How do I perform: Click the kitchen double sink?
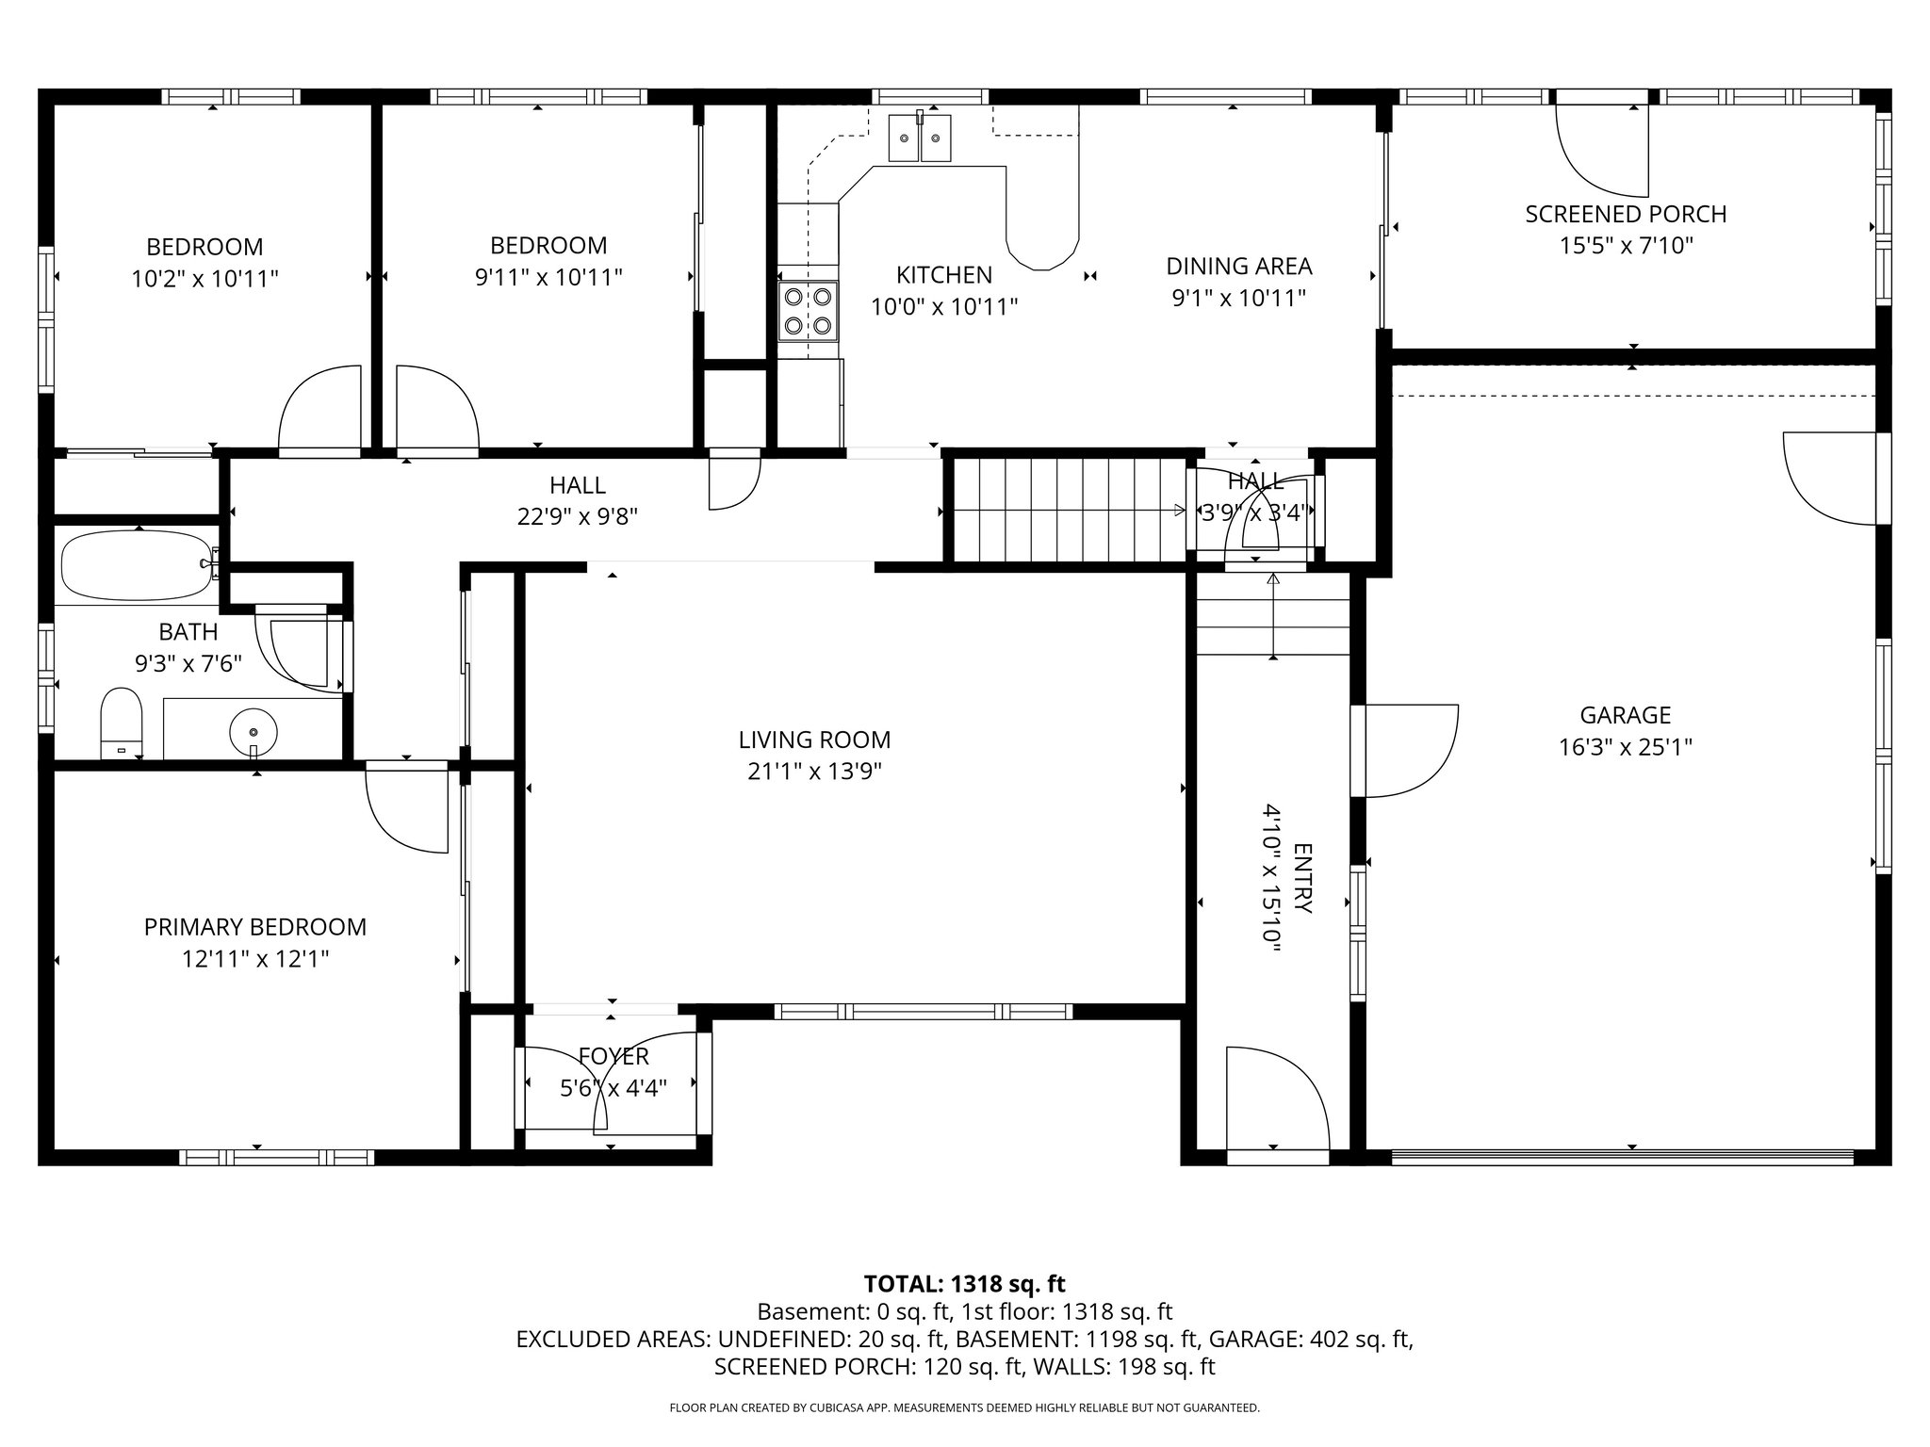click(x=921, y=138)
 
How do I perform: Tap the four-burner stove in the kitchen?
click(x=809, y=311)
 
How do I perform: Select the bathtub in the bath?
click(x=138, y=565)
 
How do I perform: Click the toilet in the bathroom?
click(x=121, y=721)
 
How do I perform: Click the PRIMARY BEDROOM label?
click(x=254, y=927)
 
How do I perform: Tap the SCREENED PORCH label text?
click(x=1626, y=214)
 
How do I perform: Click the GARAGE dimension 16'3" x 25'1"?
click(x=1626, y=748)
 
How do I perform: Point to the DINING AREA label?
click(x=1238, y=267)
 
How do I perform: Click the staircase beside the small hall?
click(x=1065, y=511)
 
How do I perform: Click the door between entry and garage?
click(x=1404, y=751)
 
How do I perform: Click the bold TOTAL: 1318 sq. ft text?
click(x=964, y=1284)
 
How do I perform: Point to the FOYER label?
click(x=613, y=1057)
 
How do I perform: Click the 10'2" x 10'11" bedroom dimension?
click(x=204, y=279)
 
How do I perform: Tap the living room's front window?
click(x=923, y=1012)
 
